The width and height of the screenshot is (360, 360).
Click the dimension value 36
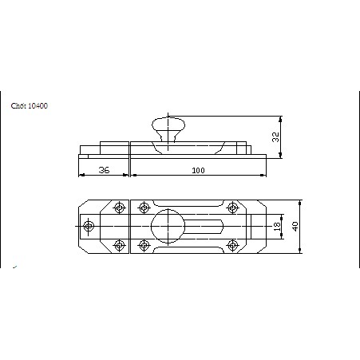(104, 170)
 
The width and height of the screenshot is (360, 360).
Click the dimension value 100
(198, 170)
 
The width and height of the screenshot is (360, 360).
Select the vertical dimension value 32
(275, 137)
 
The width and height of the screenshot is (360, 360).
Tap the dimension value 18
(277, 226)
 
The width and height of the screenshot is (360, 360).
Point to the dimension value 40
(295, 227)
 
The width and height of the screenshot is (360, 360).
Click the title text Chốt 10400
(30, 106)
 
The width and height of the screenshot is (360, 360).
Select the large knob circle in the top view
(168, 227)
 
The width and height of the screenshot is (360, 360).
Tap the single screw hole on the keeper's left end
(89, 226)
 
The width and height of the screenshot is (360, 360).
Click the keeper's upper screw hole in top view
(119, 208)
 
